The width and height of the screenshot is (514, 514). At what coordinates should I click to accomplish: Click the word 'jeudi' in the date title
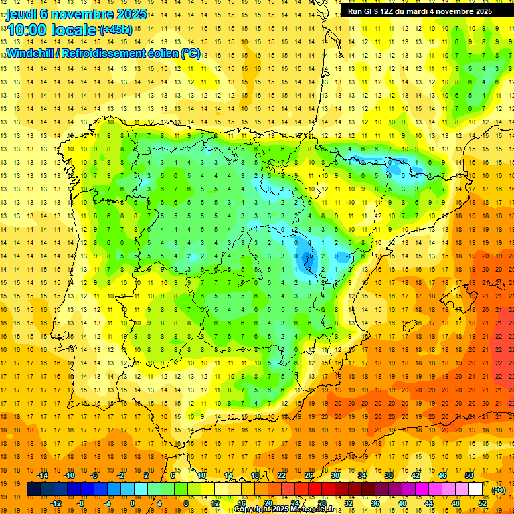pyautogui.click(x=21, y=13)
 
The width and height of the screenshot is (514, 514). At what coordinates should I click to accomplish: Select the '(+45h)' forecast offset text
pyautogui.click(x=115, y=30)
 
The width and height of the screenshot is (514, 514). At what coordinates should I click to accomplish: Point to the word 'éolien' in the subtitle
pyautogui.click(x=161, y=53)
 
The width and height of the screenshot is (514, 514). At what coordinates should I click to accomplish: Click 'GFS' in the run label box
pyautogui.click(x=377, y=11)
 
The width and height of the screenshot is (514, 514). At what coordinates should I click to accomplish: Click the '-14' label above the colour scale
pyautogui.click(x=44, y=475)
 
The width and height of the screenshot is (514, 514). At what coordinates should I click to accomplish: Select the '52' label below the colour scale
pyautogui.click(x=483, y=503)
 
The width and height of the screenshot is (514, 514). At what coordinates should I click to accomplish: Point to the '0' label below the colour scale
pyautogui.click(x=133, y=503)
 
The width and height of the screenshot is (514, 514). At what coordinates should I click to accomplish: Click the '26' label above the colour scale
pyautogui.click(x=309, y=475)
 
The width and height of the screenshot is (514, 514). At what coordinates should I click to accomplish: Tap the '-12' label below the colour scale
pyautogui.click(x=58, y=503)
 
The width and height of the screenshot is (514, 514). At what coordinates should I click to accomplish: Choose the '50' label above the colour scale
pyautogui.click(x=468, y=475)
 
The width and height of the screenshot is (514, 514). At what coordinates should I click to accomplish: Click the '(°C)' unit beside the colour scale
pyautogui.click(x=498, y=490)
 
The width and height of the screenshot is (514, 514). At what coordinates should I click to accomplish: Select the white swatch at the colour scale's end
pyautogui.click(x=475, y=489)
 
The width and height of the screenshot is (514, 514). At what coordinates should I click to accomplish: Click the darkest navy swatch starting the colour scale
pyautogui.click(x=33, y=489)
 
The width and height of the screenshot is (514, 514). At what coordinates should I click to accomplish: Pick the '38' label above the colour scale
pyautogui.click(x=389, y=475)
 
